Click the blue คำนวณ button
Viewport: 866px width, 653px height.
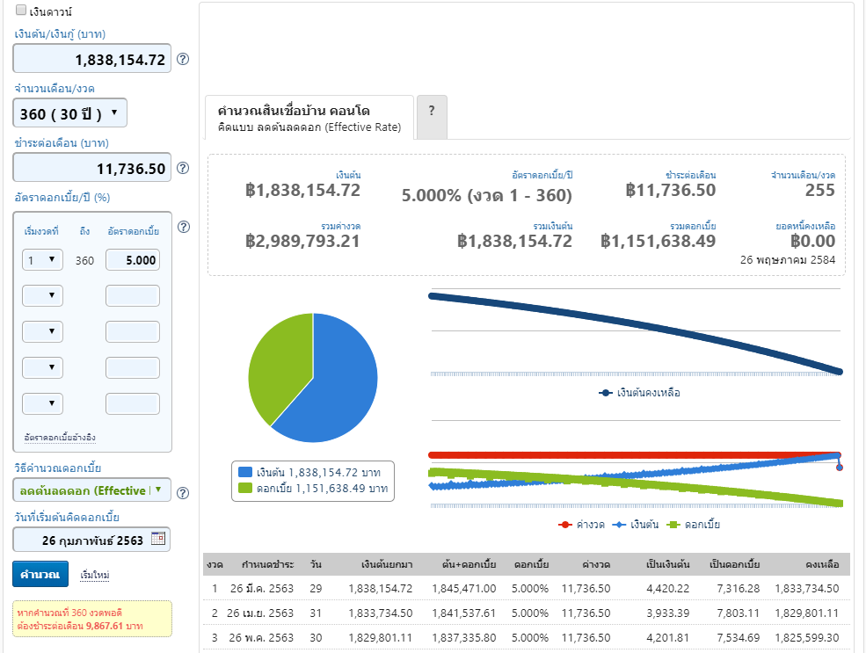point(40,574)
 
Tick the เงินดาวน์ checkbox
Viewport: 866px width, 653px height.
point(21,10)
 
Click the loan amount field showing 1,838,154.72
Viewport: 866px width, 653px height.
point(91,59)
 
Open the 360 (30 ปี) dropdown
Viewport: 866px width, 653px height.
point(70,113)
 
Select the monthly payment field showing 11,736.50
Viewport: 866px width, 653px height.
point(91,168)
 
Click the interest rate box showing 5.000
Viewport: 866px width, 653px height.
point(133,260)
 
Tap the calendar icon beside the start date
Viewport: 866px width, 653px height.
point(158,538)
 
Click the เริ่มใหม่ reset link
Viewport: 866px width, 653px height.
point(94,575)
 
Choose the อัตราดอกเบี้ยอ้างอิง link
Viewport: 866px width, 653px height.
point(60,437)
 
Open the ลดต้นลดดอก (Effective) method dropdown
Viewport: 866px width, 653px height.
point(91,490)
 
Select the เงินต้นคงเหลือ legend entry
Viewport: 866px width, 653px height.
point(639,393)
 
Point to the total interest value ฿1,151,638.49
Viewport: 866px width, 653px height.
point(658,241)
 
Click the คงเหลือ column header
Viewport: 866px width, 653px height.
point(822,564)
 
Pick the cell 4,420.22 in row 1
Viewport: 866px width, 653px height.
point(667,589)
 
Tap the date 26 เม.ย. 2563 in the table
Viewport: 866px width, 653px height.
point(260,613)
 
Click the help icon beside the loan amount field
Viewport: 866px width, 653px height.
point(183,59)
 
